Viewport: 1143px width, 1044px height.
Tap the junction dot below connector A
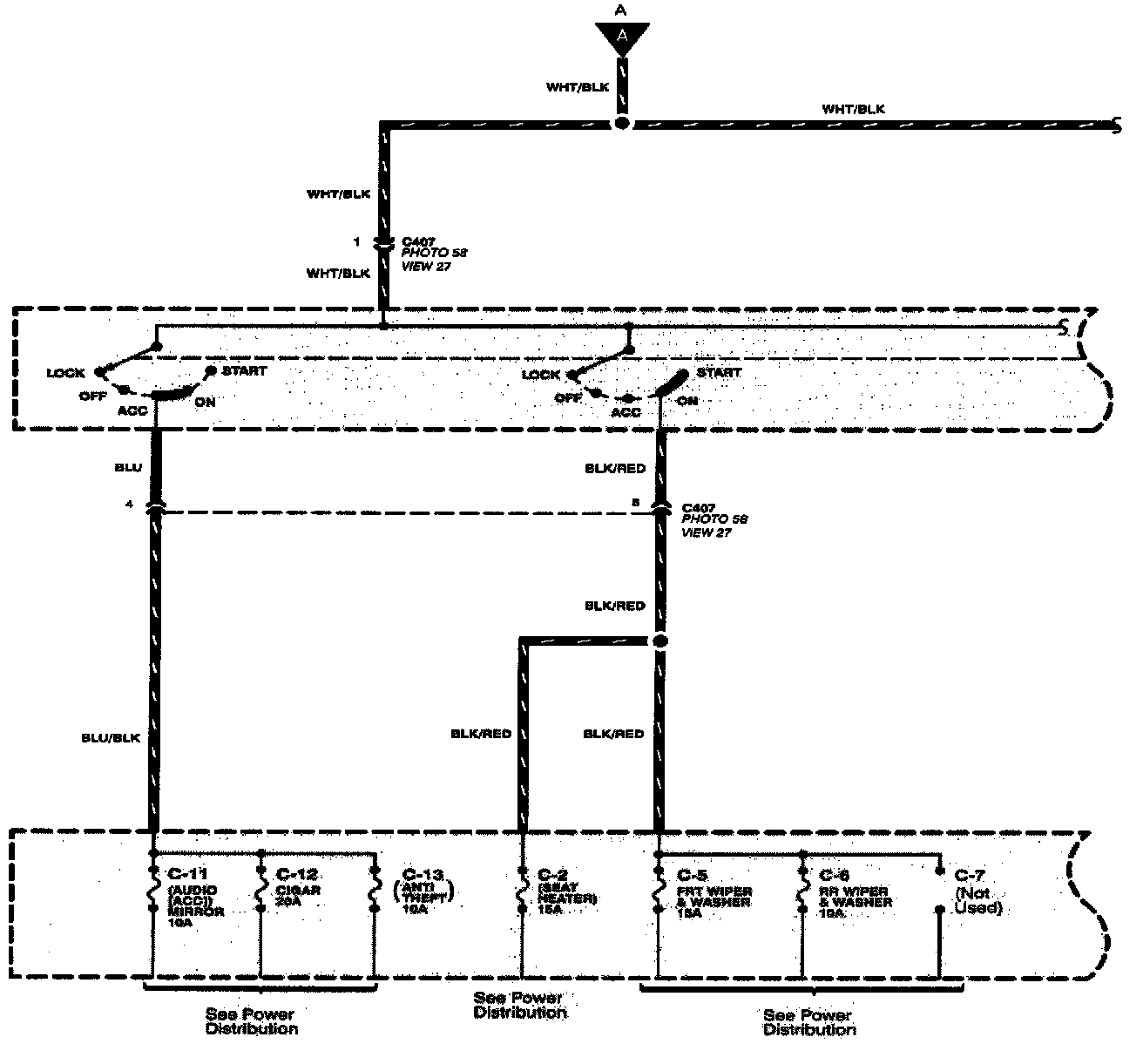point(621,125)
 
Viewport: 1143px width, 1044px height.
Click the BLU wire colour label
point(127,468)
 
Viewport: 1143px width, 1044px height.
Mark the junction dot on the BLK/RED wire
point(659,641)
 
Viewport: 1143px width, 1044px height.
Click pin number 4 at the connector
point(129,504)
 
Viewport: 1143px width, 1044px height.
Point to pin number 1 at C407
point(356,241)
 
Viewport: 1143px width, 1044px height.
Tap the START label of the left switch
point(244,370)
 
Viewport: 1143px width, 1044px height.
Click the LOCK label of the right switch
point(541,375)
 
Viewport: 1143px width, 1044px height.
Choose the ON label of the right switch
point(688,401)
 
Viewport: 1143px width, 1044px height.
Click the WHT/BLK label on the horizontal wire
point(853,110)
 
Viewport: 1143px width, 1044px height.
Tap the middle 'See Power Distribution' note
point(520,1005)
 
